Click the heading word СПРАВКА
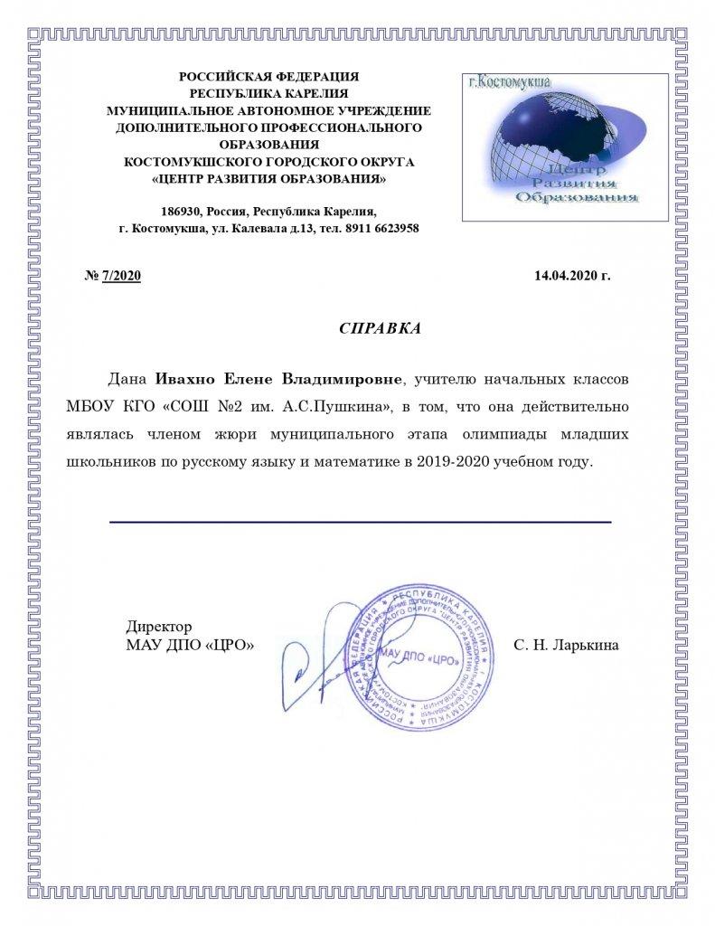pos(380,328)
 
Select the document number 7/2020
pos(122,276)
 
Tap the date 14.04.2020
pos(566,276)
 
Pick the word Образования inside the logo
pos(575,197)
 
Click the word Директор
pos(158,627)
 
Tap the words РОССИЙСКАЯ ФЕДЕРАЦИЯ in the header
pos(268,78)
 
